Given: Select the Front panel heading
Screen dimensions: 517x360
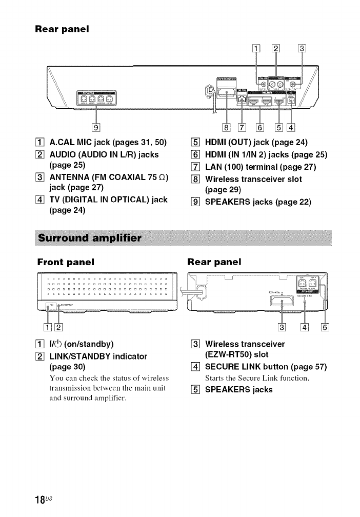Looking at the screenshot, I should (x=66, y=262).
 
